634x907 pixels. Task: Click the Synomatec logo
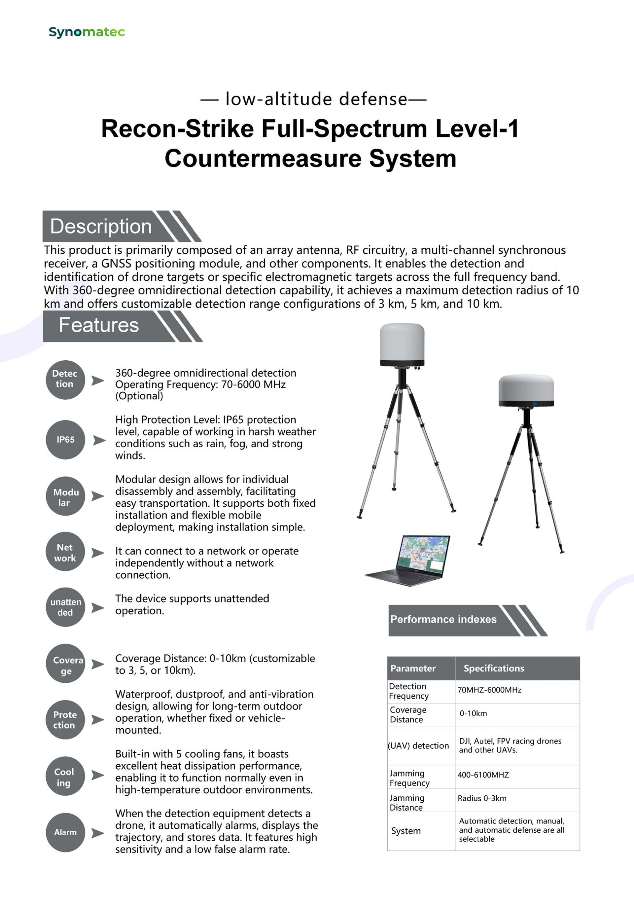pyautogui.click(x=87, y=32)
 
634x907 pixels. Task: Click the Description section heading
pyautogui.click(x=101, y=226)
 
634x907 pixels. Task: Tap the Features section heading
pyautogui.click(x=99, y=325)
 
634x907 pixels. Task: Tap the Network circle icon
pyautogui.click(x=65, y=552)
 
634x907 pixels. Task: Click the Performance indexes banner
pyautogui.click(x=443, y=619)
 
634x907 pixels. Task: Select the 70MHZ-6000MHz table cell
pyautogui.click(x=489, y=690)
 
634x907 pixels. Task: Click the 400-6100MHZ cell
pyautogui.click(x=483, y=775)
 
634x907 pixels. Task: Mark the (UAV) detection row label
pyautogui.click(x=418, y=745)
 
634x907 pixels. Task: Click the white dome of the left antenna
pyautogui.click(x=402, y=342)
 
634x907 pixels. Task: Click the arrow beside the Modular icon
pyautogui.click(x=97, y=496)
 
